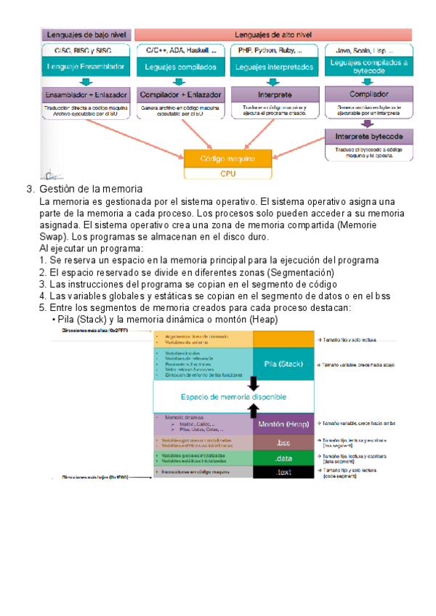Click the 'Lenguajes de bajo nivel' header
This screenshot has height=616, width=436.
click(x=86, y=34)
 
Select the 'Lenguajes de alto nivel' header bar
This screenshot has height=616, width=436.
click(x=273, y=34)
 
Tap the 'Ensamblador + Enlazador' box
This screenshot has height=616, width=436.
click(x=86, y=94)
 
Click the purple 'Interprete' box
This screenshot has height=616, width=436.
click(x=275, y=94)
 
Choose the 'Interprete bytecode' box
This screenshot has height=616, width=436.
click(x=368, y=137)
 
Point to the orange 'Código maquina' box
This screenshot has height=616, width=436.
click(x=228, y=158)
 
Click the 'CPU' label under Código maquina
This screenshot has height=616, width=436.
click(x=228, y=174)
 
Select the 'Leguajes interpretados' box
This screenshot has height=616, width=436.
click(x=275, y=67)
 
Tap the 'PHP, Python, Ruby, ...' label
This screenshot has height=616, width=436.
click(x=275, y=51)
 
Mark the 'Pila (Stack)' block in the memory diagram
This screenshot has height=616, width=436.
click(x=283, y=363)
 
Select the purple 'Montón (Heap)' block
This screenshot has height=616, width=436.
click(x=283, y=423)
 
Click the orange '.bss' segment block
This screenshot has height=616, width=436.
click(x=283, y=441)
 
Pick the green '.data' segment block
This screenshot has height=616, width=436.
click(x=283, y=458)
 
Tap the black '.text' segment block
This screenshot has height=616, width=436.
click(x=283, y=472)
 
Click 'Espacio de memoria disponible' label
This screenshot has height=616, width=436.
click(x=233, y=397)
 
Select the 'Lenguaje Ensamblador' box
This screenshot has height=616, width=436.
click(x=86, y=67)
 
